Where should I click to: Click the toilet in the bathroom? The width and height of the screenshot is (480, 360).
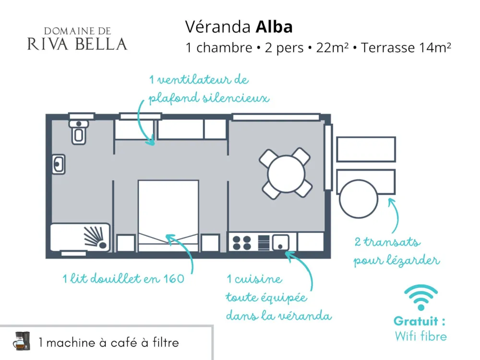pos(79,132)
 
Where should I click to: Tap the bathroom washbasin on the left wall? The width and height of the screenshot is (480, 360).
pos(59,164)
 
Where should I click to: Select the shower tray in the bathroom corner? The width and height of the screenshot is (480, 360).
pos(80,238)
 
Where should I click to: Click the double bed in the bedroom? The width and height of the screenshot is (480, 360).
pos(168,216)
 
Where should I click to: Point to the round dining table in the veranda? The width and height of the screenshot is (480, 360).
pos(286,174)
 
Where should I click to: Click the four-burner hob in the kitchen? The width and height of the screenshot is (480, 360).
pos(241,242)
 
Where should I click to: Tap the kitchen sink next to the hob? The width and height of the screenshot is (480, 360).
pos(280,242)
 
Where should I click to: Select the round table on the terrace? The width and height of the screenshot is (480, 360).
pos(359,199)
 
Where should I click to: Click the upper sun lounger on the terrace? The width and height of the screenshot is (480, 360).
pos(366,149)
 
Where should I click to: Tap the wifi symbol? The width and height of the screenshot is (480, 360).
pos(421,297)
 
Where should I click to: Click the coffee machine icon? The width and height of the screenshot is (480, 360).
pos(22,341)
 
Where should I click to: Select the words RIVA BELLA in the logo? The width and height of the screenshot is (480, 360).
pos(77,44)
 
